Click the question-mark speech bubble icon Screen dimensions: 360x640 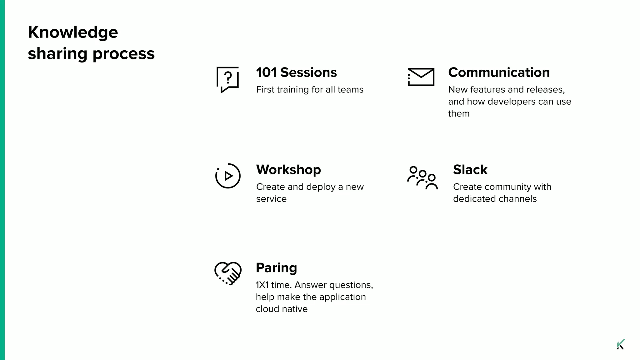[227, 79]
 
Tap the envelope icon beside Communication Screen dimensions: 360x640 [421, 77]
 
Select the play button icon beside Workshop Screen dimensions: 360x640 [228, 176]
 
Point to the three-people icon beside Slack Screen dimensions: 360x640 [422, 178]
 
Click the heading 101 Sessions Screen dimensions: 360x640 [296, 72]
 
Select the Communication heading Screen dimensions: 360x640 [499, 72]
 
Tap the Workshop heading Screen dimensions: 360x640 [288, 170]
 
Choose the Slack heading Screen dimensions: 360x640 [470, 170]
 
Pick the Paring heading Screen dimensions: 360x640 [276, 268]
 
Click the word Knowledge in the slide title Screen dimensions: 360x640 [73, 32]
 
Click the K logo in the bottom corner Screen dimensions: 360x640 [621, 344]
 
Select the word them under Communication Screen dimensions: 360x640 [459, 113]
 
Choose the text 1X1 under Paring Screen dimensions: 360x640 [262, 285]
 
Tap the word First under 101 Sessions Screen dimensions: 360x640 [265, 90]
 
